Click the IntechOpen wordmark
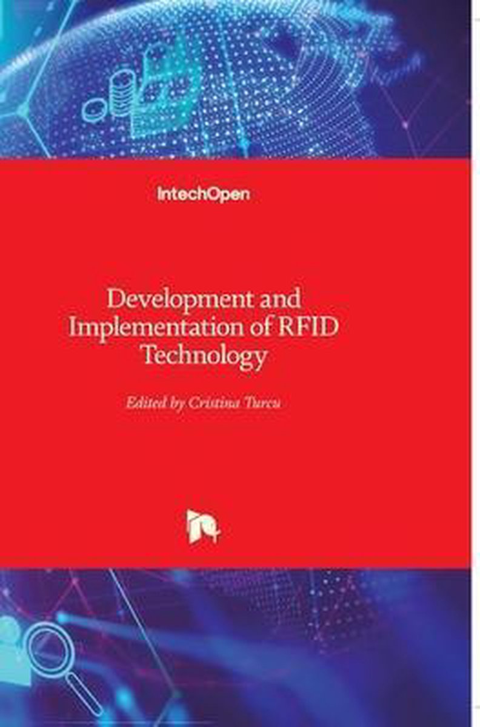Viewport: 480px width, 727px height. [204, 194]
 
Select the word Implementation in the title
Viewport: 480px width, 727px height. [156, 328]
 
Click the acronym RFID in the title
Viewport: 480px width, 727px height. [308, 328]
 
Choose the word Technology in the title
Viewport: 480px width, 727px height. [205, 356]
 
